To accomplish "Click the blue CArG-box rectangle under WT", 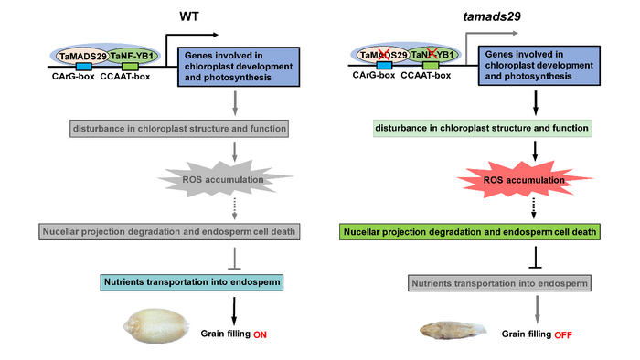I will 83,67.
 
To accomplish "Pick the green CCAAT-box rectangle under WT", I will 130,67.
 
